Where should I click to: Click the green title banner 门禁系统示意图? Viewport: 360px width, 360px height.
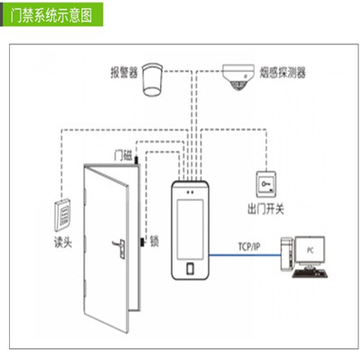[51, 14]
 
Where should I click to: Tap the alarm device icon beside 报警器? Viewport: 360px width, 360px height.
[152, 79]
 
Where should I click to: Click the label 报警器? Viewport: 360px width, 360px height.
[124, 73]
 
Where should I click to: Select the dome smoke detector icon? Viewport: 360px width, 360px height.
[238, 76]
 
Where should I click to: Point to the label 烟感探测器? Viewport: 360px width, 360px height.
[283, 73]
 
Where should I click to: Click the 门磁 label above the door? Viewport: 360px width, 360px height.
[123, 156]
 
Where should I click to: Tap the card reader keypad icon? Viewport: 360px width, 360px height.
[62, 214]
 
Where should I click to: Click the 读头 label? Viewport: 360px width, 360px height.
[63, 242]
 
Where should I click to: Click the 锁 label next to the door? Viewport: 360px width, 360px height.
[154, 241]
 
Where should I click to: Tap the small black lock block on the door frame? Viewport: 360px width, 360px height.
[142, 242]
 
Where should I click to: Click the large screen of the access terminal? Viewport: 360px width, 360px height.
[190, 229]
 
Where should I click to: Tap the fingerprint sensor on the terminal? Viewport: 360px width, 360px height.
[190, 269]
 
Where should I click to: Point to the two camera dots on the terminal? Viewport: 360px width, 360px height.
[190, 192]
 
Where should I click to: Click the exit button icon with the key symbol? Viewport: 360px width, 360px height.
[265, 184]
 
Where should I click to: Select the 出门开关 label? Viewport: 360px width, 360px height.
[265, 209]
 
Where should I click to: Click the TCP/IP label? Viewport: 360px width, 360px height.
[249, 247]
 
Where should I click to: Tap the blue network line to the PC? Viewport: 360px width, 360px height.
[245, 256]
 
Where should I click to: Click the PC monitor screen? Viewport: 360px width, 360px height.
[310, 249]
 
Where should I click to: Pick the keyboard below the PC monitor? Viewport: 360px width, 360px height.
[310, 273]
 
